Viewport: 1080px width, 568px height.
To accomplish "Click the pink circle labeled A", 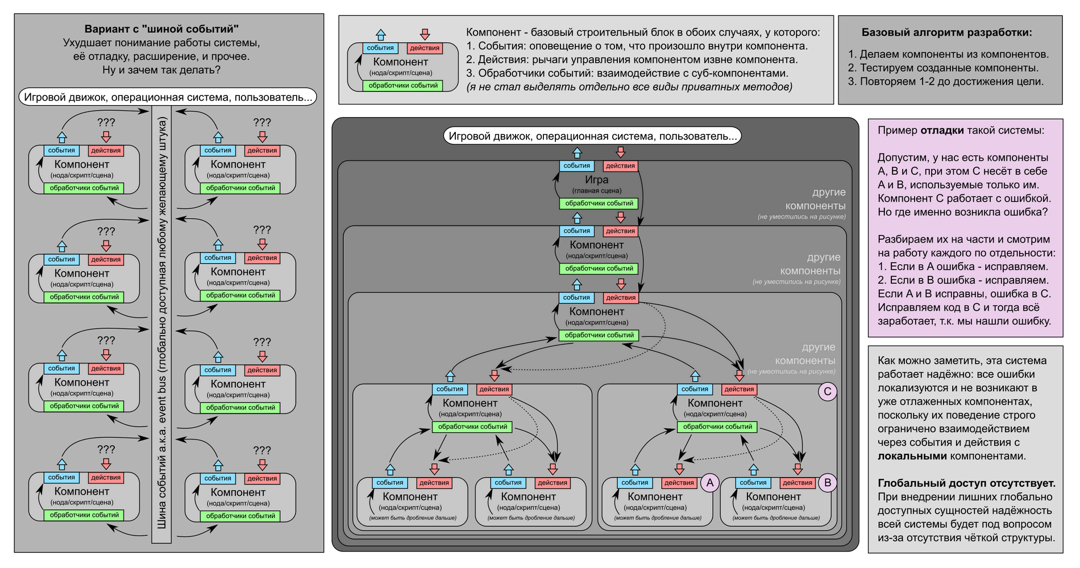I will click(x=709, y=483).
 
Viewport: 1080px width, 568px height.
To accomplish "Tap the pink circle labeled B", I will click(x=827, y=483).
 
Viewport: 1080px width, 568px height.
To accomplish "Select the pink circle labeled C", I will click(x=827, y=391).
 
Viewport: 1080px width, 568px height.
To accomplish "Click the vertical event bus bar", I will click(x=161, y=324).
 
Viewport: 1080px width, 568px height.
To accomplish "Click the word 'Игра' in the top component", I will click(x=596, y=179).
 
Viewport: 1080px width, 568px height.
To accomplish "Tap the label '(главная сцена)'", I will click(x=596, y=191).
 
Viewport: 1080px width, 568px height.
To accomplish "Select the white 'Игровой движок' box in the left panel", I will click(x=168, y=97).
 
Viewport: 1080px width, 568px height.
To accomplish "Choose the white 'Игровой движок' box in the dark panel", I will click(x=592, y=136).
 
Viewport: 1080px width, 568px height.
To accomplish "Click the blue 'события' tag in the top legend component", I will click(x=380, y=48).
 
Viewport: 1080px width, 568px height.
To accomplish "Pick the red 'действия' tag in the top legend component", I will click(x=425, y=48).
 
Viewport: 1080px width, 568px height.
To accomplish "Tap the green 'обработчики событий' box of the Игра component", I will click(x=599, y=203).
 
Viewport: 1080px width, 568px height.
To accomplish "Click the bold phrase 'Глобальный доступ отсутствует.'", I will click(x=966, y=483).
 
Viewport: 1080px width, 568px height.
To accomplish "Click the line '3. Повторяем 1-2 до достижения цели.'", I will click(x=946, y=81).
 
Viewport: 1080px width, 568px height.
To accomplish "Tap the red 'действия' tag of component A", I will click(x=679, y=483).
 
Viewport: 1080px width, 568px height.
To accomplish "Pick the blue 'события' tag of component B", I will click(x=753, y=483).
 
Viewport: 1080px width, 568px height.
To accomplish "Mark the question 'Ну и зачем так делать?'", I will click(x=161, y=70).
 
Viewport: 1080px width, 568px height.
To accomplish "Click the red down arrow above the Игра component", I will click(x=621, y=152).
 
